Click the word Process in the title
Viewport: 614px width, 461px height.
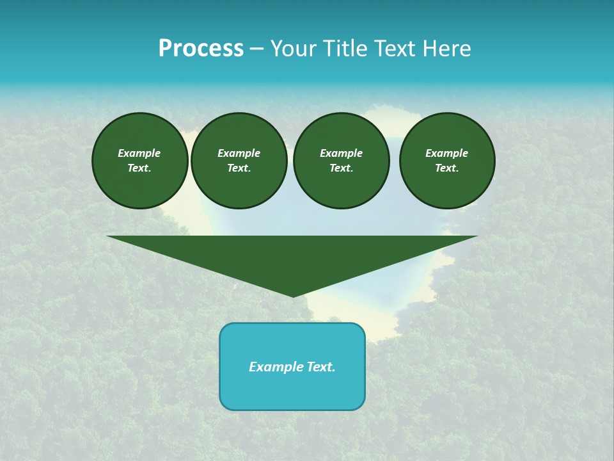tap(201, 49)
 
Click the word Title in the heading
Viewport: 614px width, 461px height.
tap(343, 49)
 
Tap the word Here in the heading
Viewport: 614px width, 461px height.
tap(446, 49)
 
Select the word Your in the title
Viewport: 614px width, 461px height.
tap(293, 49)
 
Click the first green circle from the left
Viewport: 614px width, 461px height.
tap(140, 161)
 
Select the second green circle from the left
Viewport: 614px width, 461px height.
tap(239, 161)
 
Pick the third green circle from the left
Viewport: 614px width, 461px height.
tap(342, 161)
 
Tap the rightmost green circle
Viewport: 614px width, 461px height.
tap(447, 161)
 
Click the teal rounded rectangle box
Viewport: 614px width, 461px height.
tap(292, 384)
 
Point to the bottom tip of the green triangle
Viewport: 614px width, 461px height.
tap(293, 296)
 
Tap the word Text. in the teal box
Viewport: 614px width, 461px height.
tap(320, 367)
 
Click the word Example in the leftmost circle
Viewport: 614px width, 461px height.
tap(139, 153)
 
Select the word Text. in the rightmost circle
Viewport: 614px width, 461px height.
tap(447, 168)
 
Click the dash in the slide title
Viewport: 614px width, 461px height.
tap(257, 49)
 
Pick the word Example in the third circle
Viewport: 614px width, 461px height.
tap(342, 153)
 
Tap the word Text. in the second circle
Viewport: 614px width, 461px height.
tap(239, 168)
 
